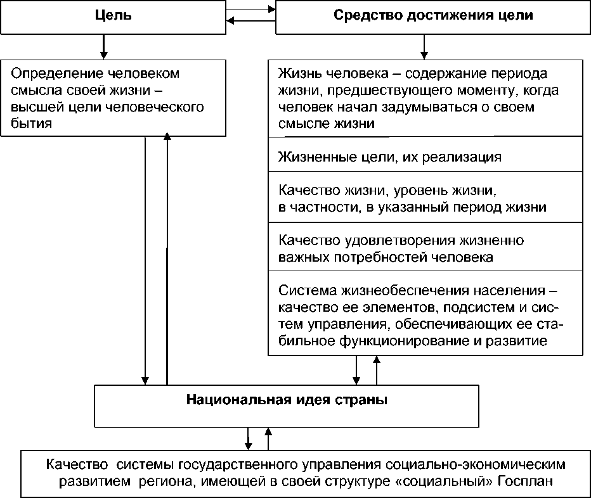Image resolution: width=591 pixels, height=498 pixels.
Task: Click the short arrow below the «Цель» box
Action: click(102, 46)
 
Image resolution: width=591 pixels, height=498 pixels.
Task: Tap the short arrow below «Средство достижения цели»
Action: click(423, 46)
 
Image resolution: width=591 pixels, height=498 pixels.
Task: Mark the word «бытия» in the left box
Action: click(32, 124)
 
